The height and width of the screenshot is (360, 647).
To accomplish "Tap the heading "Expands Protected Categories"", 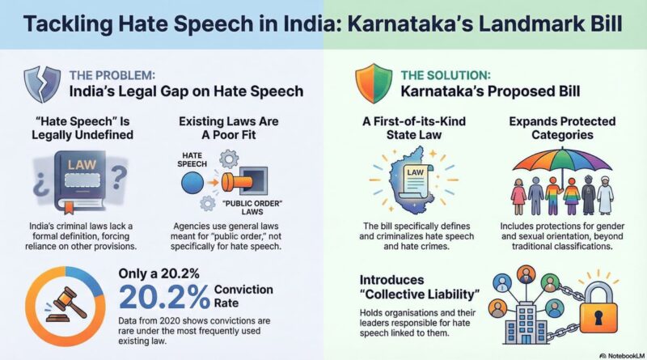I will [562, 129].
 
